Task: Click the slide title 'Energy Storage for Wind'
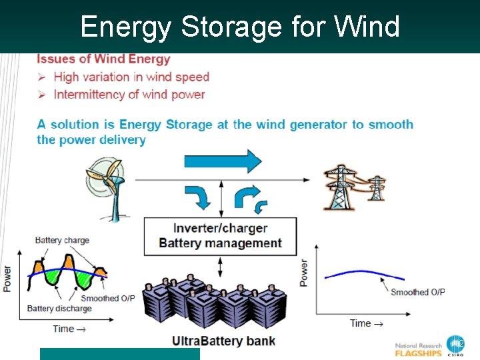coord(240,27)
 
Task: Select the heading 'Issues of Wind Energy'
coord(103,60)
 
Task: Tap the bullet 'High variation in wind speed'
coord(131,77)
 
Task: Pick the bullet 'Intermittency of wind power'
coord(129,95)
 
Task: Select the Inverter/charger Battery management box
coord(220,236)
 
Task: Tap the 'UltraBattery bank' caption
coord(223,341)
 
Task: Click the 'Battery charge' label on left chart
coord(62,241)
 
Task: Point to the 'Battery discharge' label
coord(59,309)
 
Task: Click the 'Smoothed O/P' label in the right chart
coord(418,292)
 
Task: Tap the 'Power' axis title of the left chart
coord(7,279)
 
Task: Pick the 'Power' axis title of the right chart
coord(304,273)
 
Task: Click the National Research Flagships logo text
coord(419,349)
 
